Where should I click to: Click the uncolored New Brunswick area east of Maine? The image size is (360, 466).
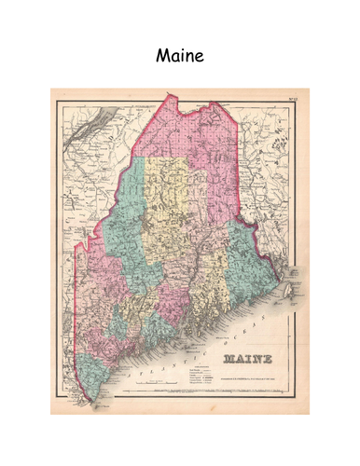point(280,186)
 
